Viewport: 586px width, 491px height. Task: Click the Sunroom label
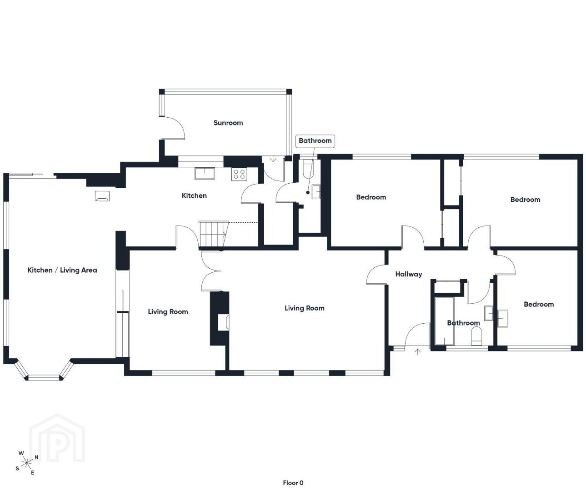[228, 123]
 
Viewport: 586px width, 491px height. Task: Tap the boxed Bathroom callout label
[315, 140]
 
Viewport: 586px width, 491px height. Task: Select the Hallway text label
[409, 274]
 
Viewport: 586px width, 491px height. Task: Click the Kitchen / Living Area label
[62, 270]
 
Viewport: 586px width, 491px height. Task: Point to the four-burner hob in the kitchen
[239, 174]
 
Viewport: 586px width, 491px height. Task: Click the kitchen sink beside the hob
[205, 173]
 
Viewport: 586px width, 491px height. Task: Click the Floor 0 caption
[293, 483]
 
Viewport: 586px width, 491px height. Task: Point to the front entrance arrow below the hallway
[418, 351]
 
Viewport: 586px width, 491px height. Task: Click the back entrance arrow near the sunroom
[273, 160]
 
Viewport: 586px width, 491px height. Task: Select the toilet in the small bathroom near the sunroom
[308, 168]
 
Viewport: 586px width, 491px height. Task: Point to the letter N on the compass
[36, 457]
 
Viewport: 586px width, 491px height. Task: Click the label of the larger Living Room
[304, 308]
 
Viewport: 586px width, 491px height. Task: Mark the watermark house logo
[57, 438]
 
